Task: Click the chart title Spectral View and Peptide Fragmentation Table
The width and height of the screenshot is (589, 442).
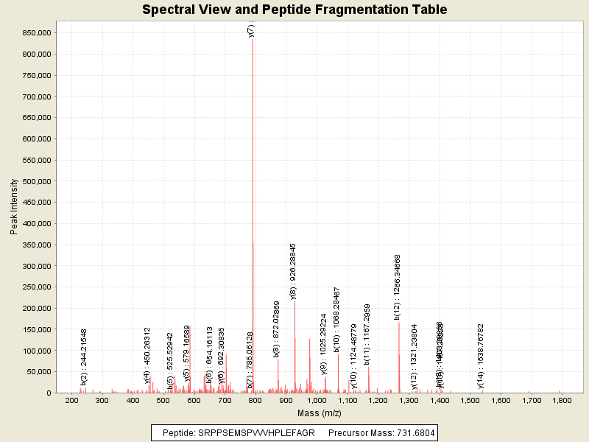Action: click(294, 10)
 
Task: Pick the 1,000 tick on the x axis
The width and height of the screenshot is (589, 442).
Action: click(317, 401)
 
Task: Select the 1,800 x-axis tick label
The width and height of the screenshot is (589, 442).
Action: click(562, 401)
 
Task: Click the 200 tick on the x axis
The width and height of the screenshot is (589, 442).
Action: click(72, 401)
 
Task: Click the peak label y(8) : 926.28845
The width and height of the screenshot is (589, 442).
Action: click(293, 270)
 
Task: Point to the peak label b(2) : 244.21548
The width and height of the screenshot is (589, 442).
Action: click(84, 357)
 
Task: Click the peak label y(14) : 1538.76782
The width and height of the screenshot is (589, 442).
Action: click(481, 356)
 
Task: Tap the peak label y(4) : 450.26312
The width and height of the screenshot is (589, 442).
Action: click(147, 355)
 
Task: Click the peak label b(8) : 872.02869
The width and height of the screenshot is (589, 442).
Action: click(277, 329)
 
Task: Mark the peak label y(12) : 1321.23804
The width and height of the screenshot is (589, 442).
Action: click(414, 356)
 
